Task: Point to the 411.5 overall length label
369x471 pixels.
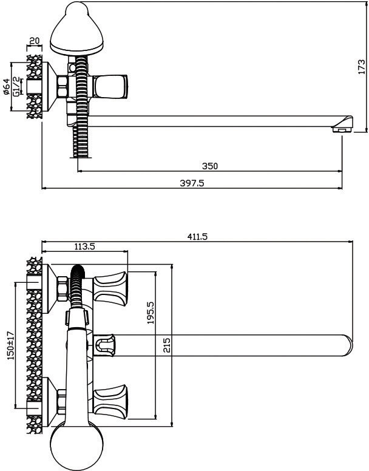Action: coord(197,237)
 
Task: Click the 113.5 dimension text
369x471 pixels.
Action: coord(84,246)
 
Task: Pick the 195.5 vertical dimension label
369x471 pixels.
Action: coord(151,312)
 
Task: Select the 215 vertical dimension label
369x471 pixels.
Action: coord(167,346)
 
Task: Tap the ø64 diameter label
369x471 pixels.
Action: coord(6,87)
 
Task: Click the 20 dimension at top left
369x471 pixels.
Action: coord(35,41)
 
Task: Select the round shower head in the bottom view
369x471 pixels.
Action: coord(72,446)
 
